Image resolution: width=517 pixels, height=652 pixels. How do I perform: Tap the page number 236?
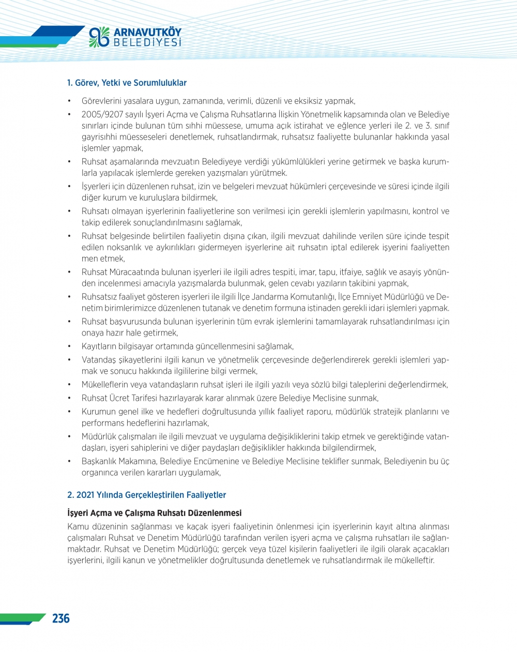pyautogui.click(x=60, y=618)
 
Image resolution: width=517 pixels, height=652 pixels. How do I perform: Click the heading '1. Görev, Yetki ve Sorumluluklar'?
pyautogui.click(x=127, y=83)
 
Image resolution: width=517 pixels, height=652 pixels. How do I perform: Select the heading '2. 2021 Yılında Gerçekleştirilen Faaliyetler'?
pyautogui.click(x=146, y=495)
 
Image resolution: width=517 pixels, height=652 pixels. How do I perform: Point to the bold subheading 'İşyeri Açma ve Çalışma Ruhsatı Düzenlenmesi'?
pyautogui.click(x=154, y=513)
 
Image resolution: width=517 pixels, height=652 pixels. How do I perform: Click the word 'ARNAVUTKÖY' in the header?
pyautogui.click(x=147, y=32)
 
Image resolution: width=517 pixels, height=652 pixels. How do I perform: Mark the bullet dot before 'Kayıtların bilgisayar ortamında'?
pyautogui.click(x=69, y=346)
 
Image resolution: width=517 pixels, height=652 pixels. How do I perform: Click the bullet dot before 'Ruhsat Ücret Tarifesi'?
pyautogui.click(x=69, y=398)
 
